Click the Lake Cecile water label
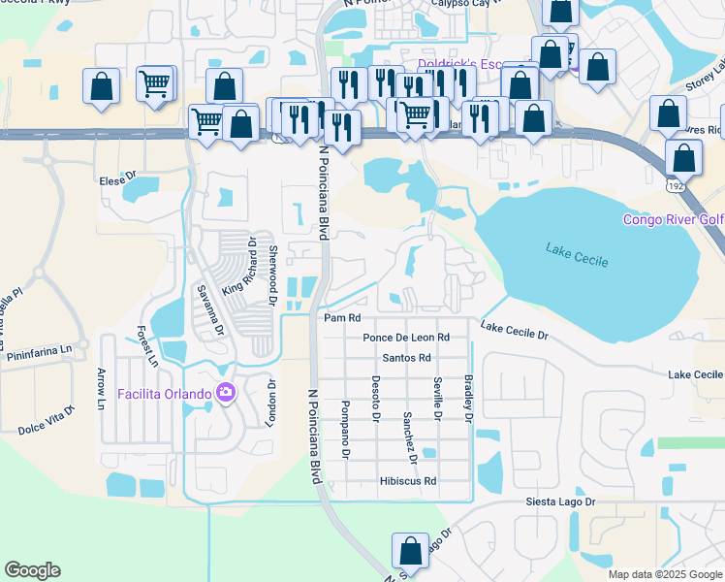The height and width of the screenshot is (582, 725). [x=576, y=259]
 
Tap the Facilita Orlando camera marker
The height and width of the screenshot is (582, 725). [x=226, y=393]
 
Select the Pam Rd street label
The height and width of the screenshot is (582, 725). [x=342, y=317]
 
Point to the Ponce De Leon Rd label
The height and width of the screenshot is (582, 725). [x=406, y=338]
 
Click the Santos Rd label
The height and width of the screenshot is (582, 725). [x=406, y=358]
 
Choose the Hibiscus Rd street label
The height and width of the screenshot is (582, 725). [x=408, y=480]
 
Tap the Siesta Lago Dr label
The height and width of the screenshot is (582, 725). [x=560, y=501]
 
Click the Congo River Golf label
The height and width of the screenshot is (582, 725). [x=673, y=220]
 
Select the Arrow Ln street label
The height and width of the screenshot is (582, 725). [x=100, y=387]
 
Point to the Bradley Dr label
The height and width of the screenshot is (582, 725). [x=468, y=399]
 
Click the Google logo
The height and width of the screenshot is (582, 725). [x=32, y=570]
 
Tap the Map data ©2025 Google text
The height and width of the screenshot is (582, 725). [x=665, y=574]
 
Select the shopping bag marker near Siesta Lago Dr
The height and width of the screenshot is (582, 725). [x=410, y=550]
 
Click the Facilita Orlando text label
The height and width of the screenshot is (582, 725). [x=164, y=394]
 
